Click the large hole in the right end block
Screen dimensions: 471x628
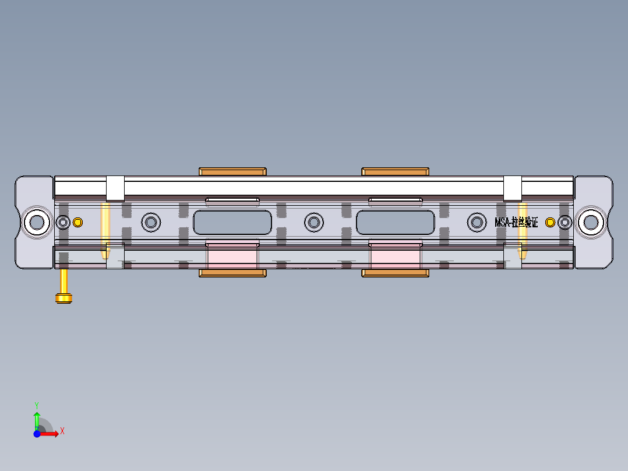click(x=591, y=222)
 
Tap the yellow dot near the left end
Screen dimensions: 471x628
click(x=77, y=222)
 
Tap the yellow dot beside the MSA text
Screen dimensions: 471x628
click(x=549, y=222)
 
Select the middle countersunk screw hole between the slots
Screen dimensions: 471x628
click(x=314, y=222)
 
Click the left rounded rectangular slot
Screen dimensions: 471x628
click(x=232, y=222)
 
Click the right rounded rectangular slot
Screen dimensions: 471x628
click(x=396, y=222)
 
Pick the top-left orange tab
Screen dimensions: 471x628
click(x=233, y=171)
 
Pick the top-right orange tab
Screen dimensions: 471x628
click(x=396, y=171)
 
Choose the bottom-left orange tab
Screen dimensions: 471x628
click(x=233, y=273)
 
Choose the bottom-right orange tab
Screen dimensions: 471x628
click(x=396, y=273)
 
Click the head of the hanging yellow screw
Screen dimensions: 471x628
click(x=63, y=298)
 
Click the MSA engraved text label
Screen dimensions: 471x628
click(x=516, y=222)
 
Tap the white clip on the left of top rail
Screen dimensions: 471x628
click(x=115, y=188)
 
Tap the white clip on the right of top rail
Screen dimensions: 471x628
click(x=512, y=188)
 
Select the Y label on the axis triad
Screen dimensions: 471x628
click(x=37, y=404)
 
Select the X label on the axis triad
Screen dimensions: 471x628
click(x=62, y=431)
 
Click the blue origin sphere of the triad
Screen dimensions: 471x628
click(x=37, y=434)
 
